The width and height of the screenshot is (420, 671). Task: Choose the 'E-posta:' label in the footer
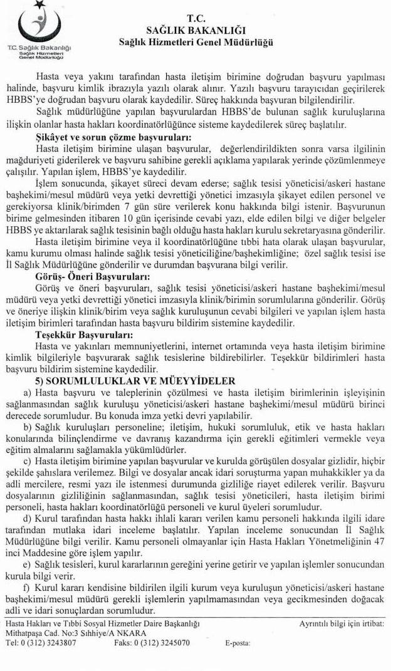click(x=236, y=642)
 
